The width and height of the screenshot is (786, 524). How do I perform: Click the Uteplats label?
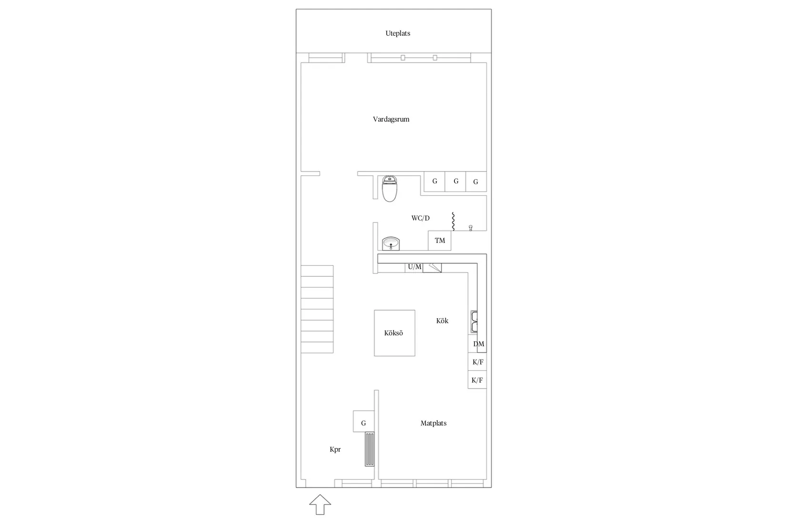coord(398,33)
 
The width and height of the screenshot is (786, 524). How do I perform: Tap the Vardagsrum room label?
coord(391,120)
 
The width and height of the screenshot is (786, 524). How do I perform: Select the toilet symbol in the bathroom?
coord(390,189)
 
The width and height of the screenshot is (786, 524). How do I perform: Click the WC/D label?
coord(420,218)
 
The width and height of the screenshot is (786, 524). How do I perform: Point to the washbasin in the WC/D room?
coord(391,243)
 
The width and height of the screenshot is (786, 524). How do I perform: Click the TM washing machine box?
coord(440,241)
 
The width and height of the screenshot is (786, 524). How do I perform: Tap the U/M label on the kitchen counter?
coord(414,267)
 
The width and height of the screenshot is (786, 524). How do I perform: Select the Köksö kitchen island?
coord(394,333)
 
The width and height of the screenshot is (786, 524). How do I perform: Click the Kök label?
coord(442,321)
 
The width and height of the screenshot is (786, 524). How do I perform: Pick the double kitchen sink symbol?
coord(474,322)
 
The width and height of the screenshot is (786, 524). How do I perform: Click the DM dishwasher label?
coord(479,344)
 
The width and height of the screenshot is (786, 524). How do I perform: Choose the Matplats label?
coord(433,423)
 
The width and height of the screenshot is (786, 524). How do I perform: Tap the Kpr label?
coord(335,450)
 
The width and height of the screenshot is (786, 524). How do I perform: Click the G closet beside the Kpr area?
coord(363,421)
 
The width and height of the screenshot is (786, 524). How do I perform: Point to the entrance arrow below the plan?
coord(320,504)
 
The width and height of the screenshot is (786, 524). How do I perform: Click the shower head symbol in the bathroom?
coord(471,228)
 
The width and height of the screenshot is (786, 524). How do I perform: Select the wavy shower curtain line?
coord(453,222)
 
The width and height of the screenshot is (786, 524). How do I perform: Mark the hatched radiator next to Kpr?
coord(370,449)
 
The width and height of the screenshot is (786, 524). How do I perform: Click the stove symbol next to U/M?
coord(432,268)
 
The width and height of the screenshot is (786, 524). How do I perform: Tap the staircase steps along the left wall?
coord(317,309)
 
